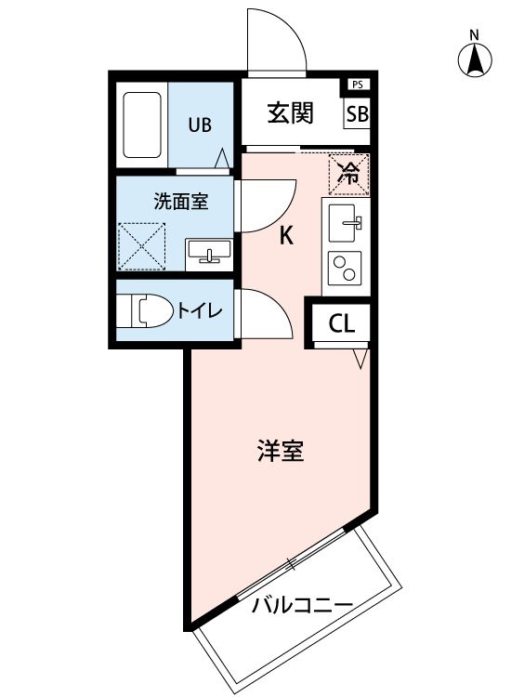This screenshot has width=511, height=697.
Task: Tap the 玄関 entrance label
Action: [290, 113]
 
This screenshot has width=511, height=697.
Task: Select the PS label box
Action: [357, 85]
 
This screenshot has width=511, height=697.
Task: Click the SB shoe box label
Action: [357, 114]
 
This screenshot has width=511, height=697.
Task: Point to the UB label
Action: [199, 124]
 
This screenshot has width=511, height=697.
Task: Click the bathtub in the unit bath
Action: [143, 125]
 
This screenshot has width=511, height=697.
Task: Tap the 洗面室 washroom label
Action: [180, 201]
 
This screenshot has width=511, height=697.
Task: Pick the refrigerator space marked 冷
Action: [349, 172]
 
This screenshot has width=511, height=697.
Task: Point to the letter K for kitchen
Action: [287, 236]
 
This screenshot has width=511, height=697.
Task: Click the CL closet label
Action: [342, 324]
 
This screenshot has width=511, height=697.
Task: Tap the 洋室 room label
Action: [280, 453]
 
